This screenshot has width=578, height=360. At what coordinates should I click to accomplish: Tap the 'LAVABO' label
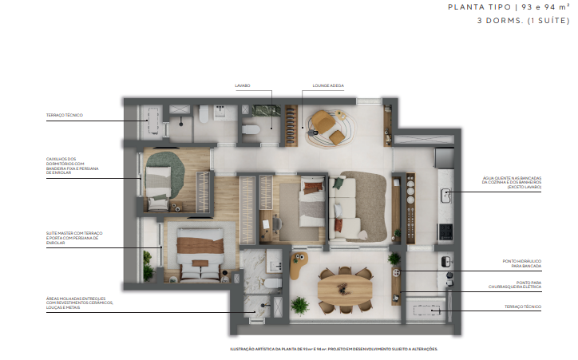[x=242, y=85]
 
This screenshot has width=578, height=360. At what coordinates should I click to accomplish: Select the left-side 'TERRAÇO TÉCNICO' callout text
[x=65, y=116]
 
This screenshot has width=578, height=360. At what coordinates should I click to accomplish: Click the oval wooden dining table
[x=344, y=284]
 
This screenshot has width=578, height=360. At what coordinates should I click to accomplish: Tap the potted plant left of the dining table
[x=300, y=305]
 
